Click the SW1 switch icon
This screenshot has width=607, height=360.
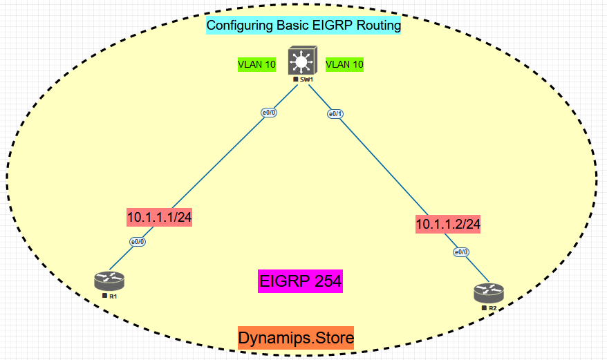tap(301, 61)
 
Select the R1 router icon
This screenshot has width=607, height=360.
tap(109, 281)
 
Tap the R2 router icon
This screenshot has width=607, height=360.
tap(489, 292)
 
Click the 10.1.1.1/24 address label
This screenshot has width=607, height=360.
tap(159, 217)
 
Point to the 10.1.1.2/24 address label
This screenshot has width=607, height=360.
tap(447, 224)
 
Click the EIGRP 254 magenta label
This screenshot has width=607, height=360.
tap(301, 281)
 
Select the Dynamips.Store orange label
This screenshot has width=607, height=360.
tap(296, 338)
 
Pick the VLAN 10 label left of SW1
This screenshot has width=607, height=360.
tap(257, 65)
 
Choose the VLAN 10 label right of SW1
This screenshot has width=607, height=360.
tap(344, 65)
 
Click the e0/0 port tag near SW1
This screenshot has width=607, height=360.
tap(268, 113)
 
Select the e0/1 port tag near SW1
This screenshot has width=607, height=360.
tap(335, 115)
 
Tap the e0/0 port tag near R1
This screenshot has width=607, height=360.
tap(138, 242)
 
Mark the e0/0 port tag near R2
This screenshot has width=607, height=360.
tap(461, 252)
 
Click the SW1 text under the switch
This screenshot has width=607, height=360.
tap(306, 80)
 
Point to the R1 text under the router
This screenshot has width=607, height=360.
tap(113, 296)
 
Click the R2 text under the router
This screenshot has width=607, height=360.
tap(492, 307)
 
